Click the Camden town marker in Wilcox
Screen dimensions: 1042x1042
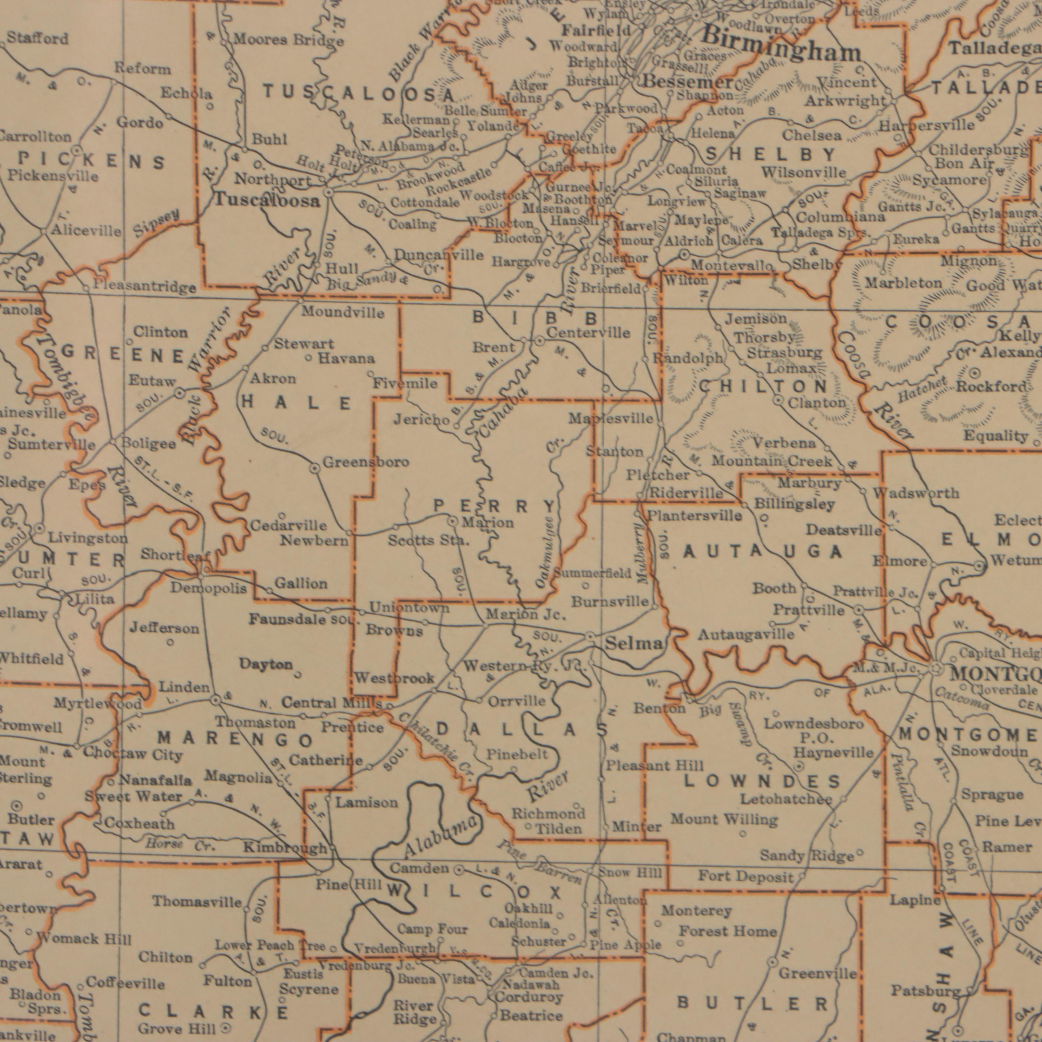click(458, 870)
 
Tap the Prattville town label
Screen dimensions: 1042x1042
click(809, 611)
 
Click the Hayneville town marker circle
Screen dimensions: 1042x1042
click(800, 766)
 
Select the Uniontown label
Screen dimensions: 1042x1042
click(410, 608)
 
